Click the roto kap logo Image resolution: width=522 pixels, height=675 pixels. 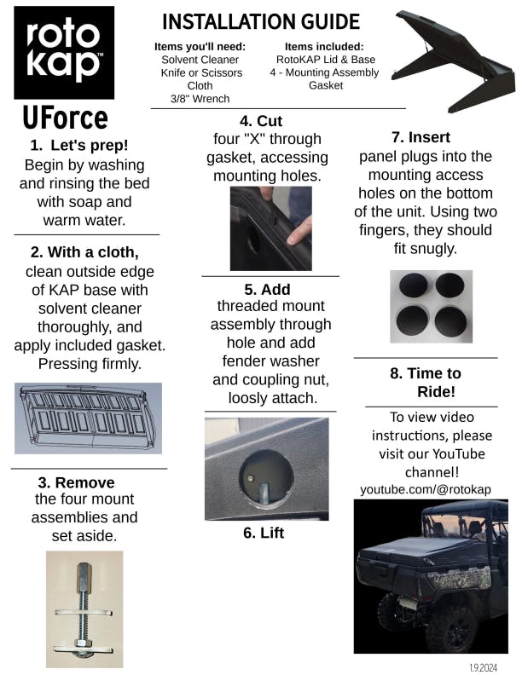[x=64, y=53]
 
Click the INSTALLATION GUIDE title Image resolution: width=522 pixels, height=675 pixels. [x=261, y=22]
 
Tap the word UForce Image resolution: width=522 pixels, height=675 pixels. [x=65, y=118]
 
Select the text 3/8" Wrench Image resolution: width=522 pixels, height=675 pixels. [x=200, y=99]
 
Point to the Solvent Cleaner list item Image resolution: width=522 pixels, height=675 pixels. [x=200, y=60]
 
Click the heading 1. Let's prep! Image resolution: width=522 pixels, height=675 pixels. [x=79, y=146]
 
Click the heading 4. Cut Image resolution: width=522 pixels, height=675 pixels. [x=261, y=121]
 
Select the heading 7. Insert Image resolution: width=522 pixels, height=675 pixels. [x=420, y=137]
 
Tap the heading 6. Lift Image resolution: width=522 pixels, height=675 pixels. [x=264, y=533]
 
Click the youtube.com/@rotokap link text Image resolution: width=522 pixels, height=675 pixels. [x=426, y=489]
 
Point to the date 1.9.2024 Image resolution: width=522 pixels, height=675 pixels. [x=484, y=667]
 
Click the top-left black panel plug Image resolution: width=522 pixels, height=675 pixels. [x=413, y=285]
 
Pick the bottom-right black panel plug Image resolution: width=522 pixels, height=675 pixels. [x=450, y=321]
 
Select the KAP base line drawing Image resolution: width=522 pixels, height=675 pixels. [x=89, y=418]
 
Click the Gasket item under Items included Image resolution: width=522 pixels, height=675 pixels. [x=326, y=85]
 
